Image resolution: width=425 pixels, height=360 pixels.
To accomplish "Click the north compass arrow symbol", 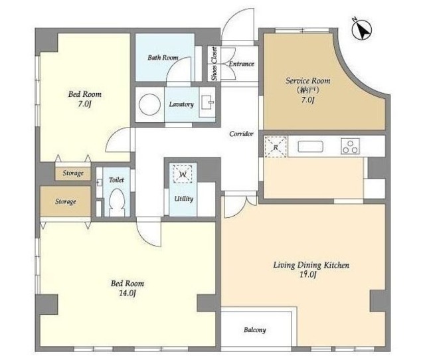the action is (x=361, y=29).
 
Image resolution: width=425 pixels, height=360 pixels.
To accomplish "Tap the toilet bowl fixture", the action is (x=117, y=203).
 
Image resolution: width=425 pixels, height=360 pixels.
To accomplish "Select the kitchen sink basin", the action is (x=310, y=147).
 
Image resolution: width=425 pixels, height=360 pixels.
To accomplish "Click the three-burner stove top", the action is (x=350, y=146).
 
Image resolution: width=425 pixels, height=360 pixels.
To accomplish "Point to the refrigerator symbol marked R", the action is (x=276, y=147).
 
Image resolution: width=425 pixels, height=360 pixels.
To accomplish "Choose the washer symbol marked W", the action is (x=183, y=174).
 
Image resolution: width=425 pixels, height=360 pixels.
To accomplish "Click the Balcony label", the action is (x=255, y=330).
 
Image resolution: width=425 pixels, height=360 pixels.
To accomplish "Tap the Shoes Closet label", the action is (x=214, y=64).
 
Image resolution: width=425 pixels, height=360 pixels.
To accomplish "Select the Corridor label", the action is (x=241, y=134).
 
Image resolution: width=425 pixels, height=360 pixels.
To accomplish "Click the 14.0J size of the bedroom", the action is (x=127, y=293).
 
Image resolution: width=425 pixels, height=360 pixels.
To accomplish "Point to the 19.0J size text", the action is (x=308, y=274).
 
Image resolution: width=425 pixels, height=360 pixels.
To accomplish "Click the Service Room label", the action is (x=308, y=80).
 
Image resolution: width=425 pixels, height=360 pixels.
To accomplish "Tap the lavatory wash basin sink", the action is (x=207, y=102).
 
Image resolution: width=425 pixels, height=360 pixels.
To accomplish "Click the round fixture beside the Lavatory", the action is (x=149, y=104).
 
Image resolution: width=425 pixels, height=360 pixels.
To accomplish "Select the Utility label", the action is (x=183, y=199).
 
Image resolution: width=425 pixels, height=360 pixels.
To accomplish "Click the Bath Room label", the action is (x=163, y=58).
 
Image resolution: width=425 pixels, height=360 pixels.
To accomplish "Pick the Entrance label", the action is (x=242, y=64).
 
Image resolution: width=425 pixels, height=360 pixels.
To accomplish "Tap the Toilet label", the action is (x=116, y=180).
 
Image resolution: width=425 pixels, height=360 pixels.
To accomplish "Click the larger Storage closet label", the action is (x=65, y=201).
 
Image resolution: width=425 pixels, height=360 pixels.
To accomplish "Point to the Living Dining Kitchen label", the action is (x=311, y=264).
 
